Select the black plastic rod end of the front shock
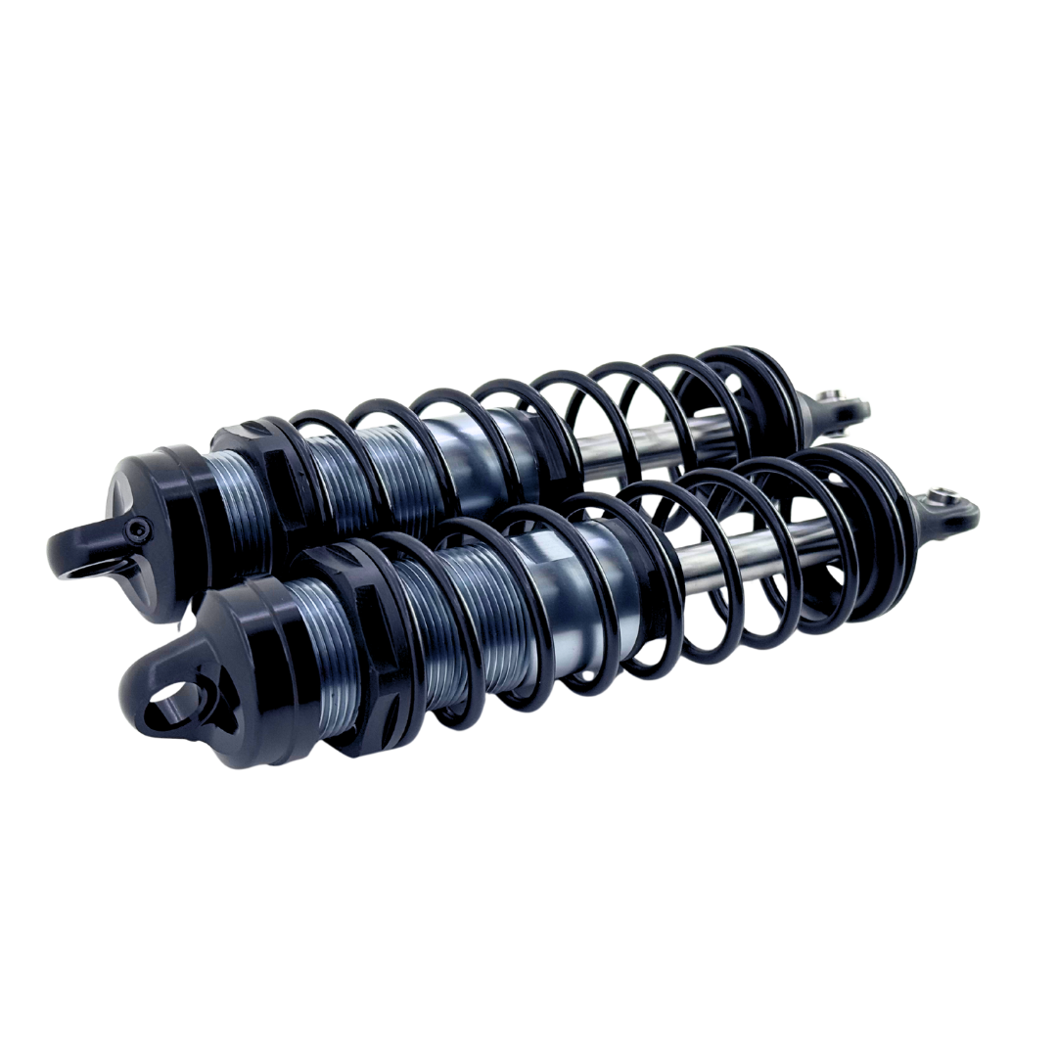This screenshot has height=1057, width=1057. point(944,509)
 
